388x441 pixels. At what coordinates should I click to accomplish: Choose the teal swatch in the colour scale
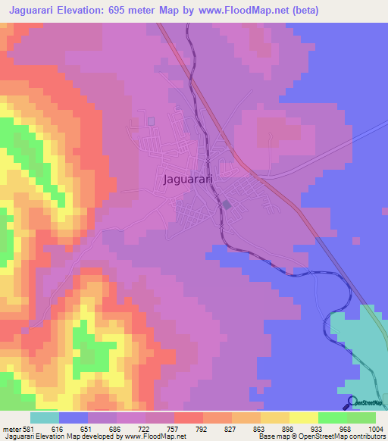point(45,418)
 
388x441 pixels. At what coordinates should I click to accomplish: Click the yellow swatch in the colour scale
point(303,418)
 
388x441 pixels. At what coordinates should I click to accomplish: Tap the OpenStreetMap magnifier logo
point(352,402)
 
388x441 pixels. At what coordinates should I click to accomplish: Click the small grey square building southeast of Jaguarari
point(227,205)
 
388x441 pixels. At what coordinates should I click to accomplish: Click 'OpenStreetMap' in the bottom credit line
point(314,437)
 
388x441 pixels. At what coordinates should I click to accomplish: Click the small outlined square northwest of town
point(151,120)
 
